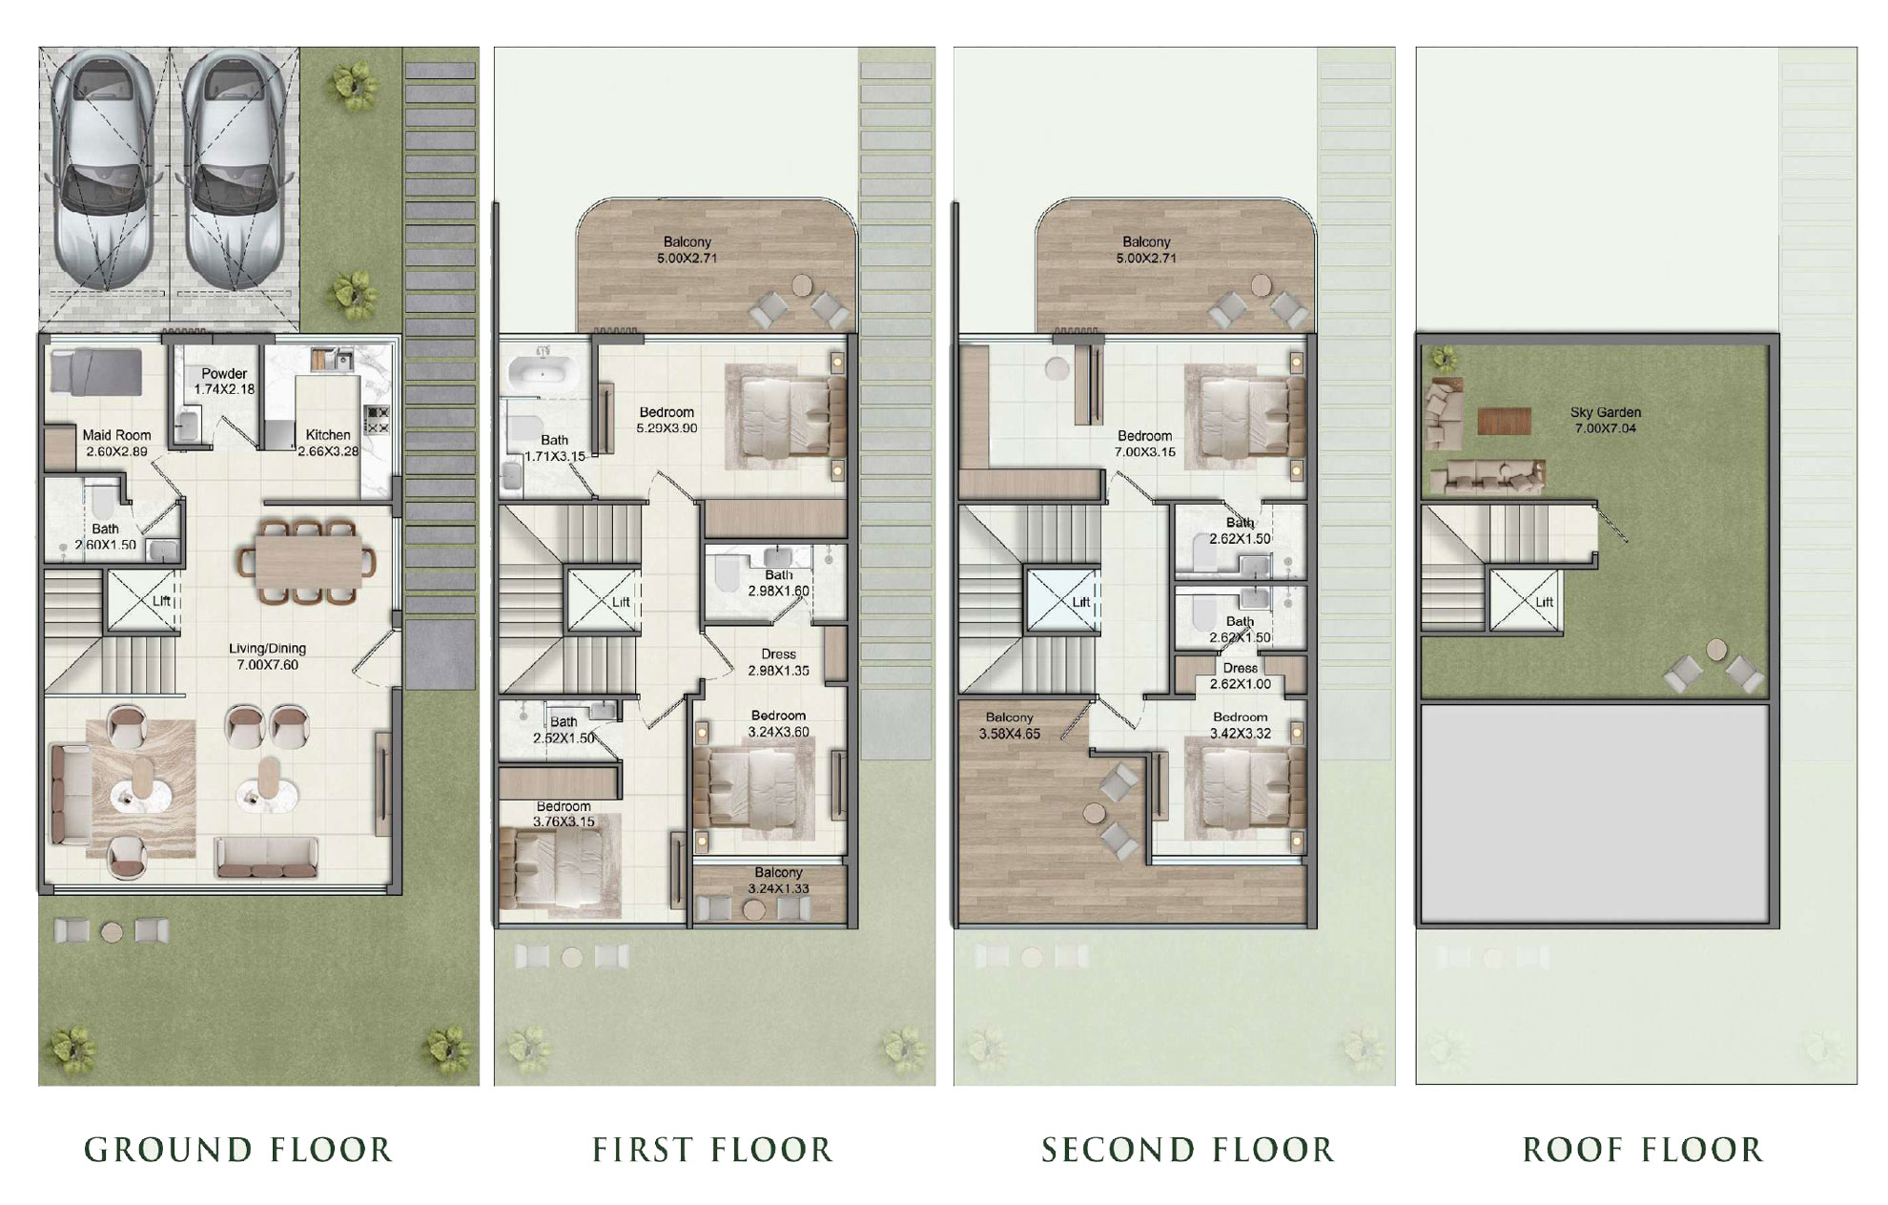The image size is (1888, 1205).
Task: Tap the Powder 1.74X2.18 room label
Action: tap(225, 381)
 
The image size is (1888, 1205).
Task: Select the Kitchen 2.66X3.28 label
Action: tap(328, 443)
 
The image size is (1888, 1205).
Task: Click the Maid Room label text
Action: tap(116, 435)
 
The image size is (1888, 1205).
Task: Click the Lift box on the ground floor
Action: tap(143, 600)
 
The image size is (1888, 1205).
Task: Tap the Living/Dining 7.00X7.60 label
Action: tap(268, 656)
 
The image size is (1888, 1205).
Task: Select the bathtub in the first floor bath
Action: tap(540, 373)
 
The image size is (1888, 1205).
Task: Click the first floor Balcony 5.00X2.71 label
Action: tap(687, 250)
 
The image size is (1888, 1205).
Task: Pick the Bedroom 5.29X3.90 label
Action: tap(667, 421)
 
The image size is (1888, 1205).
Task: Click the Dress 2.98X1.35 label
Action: tap(778, 662)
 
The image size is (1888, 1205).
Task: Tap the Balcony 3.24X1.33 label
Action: tap(778, 880)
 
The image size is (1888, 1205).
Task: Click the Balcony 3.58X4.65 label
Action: tap(1009, 725)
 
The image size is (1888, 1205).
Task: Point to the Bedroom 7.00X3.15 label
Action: tap(1144, 444)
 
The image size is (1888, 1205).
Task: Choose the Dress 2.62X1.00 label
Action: tap(1240, 675)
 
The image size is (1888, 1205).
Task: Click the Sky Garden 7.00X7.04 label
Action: tap(1606, 420)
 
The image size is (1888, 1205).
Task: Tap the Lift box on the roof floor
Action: tap(1526, 601)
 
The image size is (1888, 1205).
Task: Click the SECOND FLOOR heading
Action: tap(1187, 1150)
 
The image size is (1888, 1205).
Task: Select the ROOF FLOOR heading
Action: tap(1643, 1150)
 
